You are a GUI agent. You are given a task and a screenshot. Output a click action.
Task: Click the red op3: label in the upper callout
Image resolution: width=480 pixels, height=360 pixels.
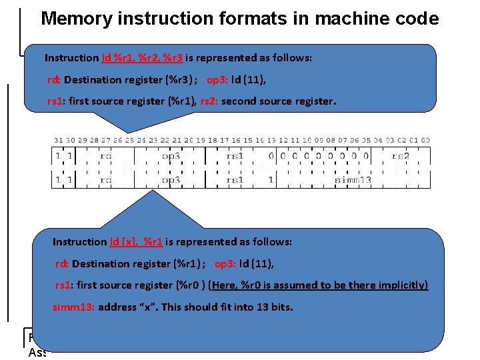point(217,80)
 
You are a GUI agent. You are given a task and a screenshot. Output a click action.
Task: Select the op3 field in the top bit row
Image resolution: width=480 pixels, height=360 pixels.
point(171,155)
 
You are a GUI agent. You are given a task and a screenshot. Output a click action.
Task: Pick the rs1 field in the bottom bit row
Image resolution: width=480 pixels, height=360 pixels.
point(235,180)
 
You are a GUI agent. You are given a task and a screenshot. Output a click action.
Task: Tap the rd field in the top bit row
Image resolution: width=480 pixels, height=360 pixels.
point(105,155)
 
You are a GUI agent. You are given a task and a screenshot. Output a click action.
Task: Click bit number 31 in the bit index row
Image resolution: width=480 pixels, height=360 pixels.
point(58,140)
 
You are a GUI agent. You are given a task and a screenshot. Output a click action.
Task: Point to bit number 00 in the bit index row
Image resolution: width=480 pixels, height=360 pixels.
point(425,140)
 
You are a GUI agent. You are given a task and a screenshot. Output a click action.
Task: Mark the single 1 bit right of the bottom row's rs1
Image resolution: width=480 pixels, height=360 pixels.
point(270,180)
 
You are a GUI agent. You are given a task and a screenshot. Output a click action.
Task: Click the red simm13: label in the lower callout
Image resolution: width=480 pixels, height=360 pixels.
point(74,307)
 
